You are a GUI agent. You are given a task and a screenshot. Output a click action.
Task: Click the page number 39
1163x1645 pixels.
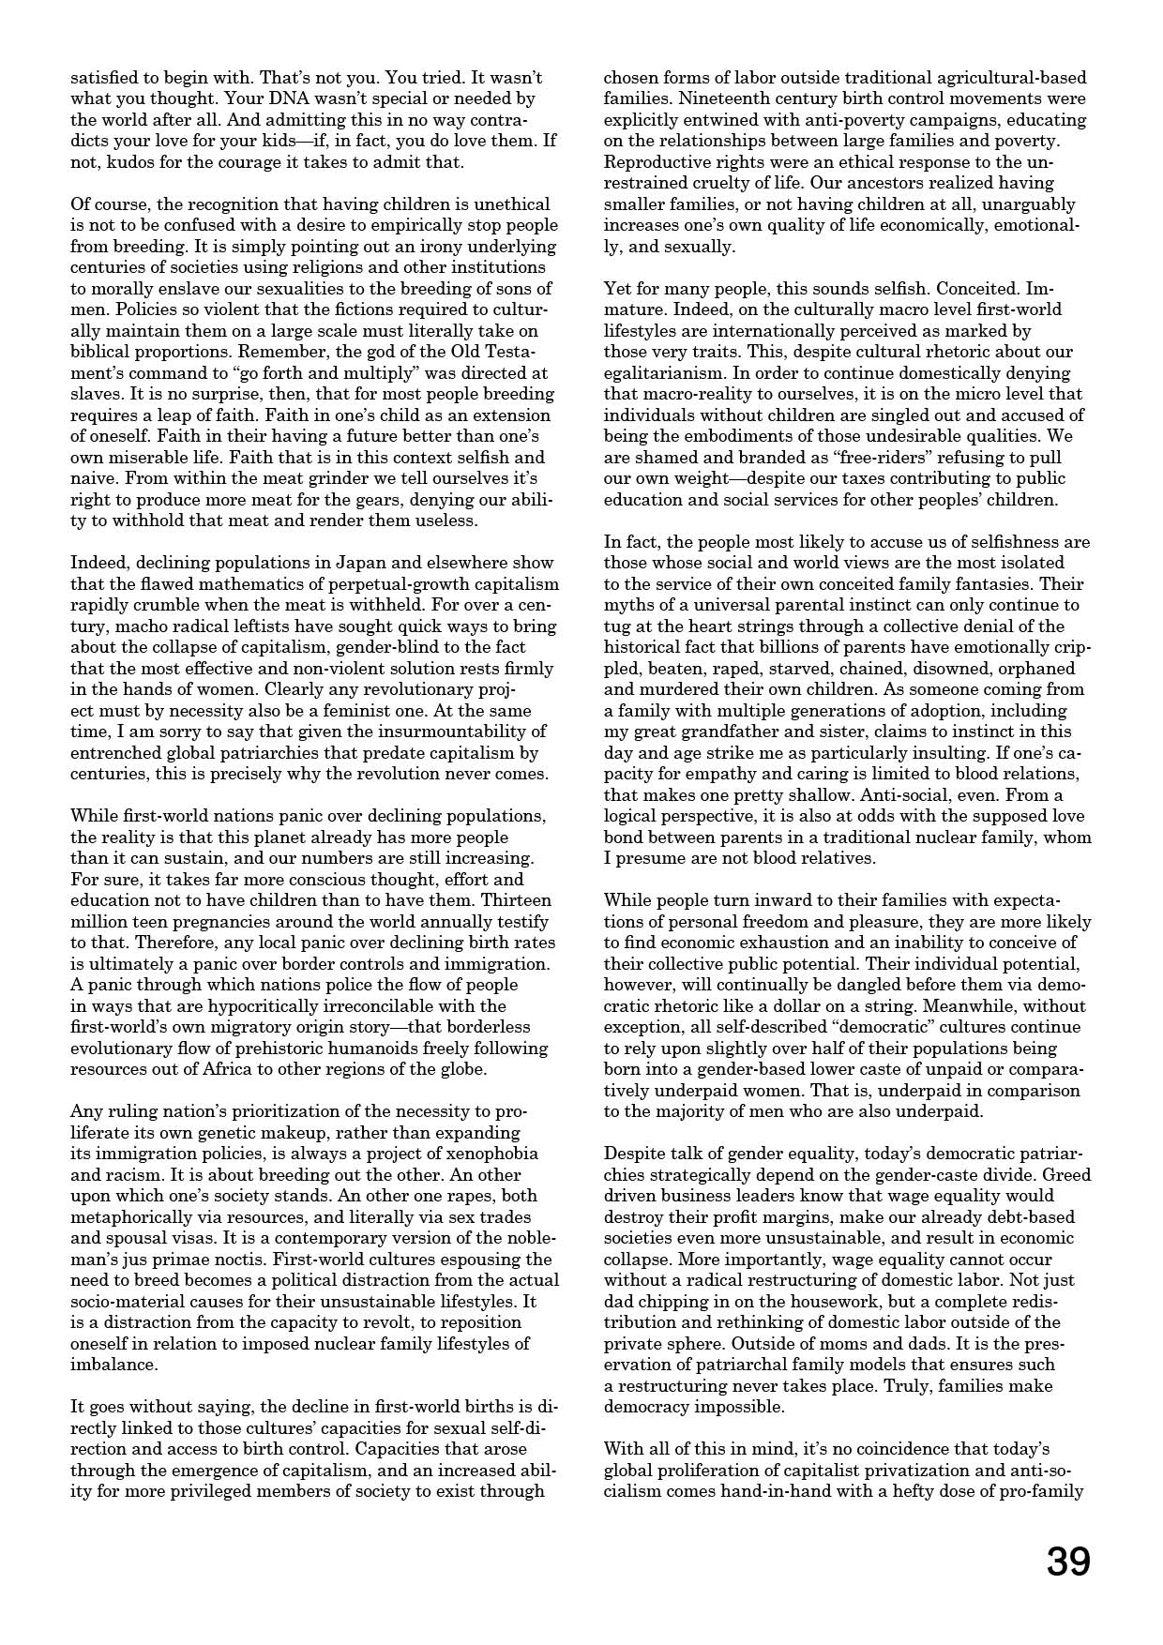[1068, 1562]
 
